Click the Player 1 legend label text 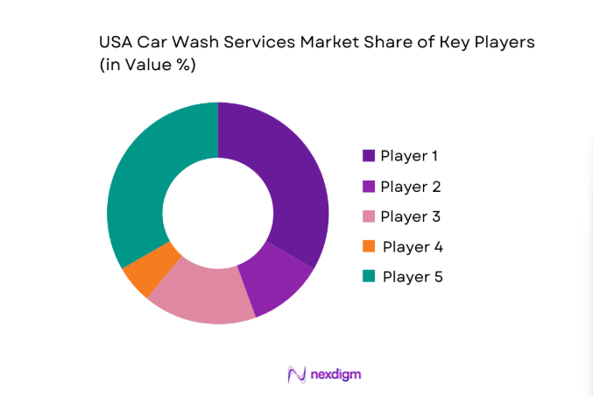[x=409, y=156]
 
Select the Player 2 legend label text [x=410, y=187]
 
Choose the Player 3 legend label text [x=410, y=216]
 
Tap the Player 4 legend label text [x=413, y=247]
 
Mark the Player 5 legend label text [x=413, y=277]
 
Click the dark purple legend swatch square [x=369, y=156]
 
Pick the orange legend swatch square [x=369, y=247]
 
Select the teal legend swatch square [x=369, y=277]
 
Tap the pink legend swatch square [x=369, y=216]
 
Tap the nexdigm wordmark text [x=335, y=374]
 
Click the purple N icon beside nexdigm [x=296, y=374]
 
